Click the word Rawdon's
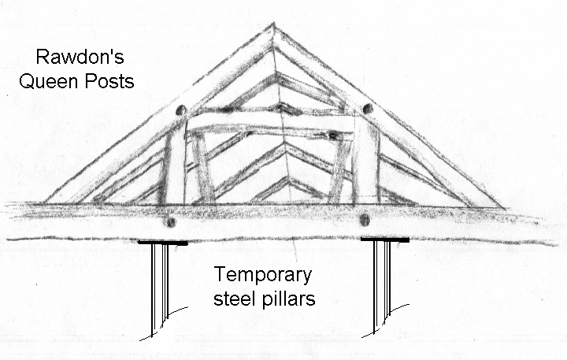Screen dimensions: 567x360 tap(80, 58)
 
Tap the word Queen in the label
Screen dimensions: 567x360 tap(43, 82)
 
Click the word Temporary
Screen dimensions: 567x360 tap(263, 276)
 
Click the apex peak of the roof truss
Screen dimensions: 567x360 tap(274, 24)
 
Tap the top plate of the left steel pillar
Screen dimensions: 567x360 tap(163, 243)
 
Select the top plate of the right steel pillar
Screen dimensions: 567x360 tap(385, 239)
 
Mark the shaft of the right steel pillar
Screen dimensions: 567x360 tap(382, 286)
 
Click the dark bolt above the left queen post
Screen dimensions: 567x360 tap(180, 110)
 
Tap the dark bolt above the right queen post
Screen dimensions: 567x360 tap(368, 108)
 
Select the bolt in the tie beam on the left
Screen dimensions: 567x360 tap(171, 222)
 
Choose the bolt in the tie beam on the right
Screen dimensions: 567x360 tap(365, 220)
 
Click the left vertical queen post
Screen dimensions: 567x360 tap(172, 166)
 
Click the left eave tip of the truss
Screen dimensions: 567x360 tap(44, 203)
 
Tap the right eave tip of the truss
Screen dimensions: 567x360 tap(505, 208)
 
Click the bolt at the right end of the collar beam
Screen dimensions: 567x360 tap(332, 136)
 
